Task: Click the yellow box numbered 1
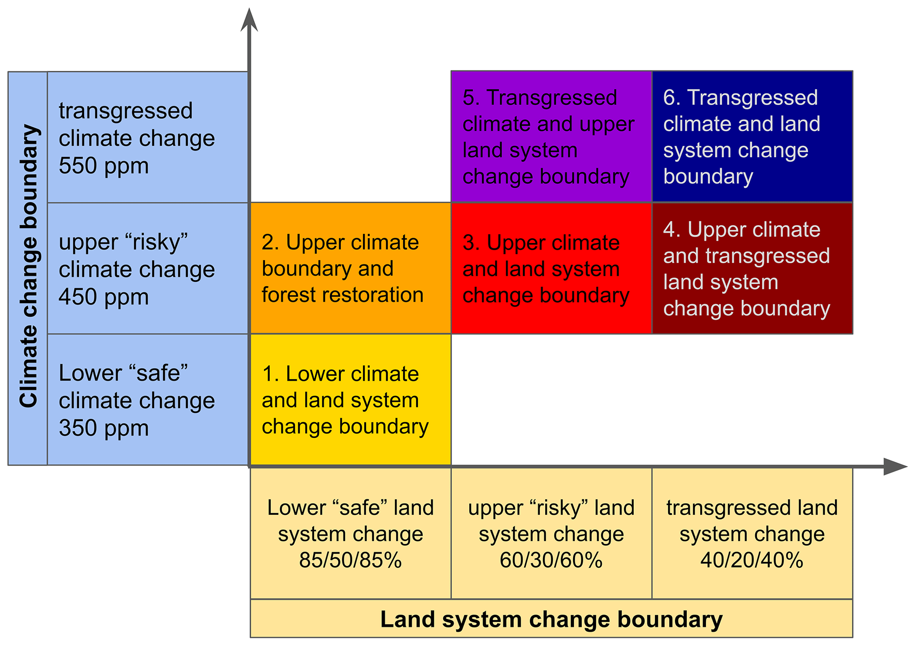351,400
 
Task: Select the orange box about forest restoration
351,268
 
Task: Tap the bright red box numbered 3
551,268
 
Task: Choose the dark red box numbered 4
752,268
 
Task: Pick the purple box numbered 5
551,136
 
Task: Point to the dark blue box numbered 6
752,136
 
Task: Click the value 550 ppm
104,166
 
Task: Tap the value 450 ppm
104,297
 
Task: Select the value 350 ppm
104,428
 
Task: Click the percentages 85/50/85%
350,560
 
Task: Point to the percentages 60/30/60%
551,560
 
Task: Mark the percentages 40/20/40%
752,560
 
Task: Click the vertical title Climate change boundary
28,266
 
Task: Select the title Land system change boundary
551,619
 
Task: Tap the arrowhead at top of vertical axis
249,20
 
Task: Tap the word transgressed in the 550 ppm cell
126,111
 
